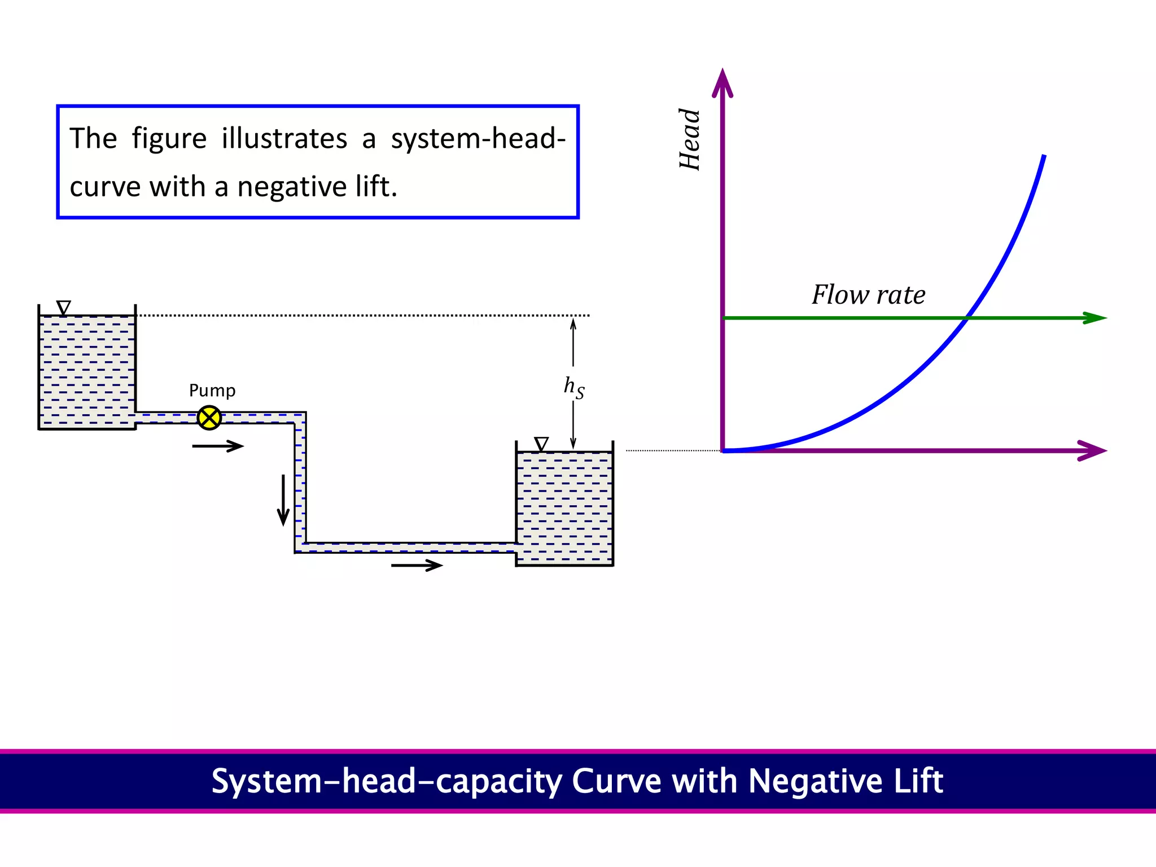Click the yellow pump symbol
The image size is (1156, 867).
209,418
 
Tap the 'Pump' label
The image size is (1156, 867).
212,391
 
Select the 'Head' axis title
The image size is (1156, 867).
689,139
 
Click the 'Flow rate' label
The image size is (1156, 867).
868,295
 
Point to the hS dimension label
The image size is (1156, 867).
574,387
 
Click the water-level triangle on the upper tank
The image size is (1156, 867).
64,308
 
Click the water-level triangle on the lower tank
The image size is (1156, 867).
541,444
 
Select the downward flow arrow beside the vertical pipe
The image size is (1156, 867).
283,500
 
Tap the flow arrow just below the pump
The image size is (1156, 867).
218,446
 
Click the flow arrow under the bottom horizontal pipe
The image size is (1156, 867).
417,565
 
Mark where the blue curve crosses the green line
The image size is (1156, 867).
966,318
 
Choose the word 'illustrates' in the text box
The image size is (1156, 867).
284,139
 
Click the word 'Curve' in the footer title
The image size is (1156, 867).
616,781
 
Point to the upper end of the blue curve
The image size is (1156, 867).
1044,156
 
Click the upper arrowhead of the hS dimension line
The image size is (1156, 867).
573,323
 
